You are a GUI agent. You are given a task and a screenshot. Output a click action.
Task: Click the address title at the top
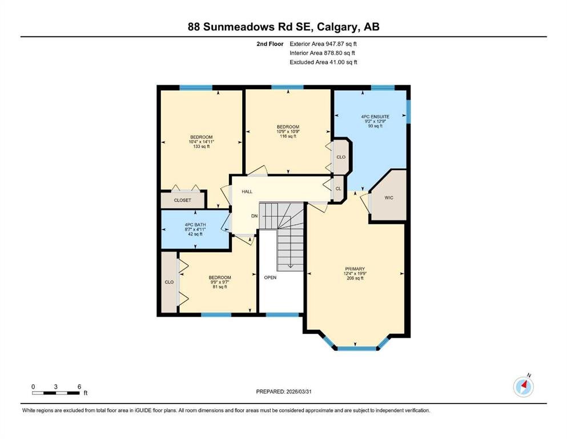click(283, 26)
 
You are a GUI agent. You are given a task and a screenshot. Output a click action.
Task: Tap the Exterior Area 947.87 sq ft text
click(323, 44)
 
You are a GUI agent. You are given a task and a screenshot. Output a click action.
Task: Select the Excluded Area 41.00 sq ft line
click(323, 62)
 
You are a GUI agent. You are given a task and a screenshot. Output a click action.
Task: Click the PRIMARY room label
click(355, 269)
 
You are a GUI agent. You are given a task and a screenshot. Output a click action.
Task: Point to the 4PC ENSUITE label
click(375, 117)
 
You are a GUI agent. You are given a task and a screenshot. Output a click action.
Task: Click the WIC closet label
click(389, 198)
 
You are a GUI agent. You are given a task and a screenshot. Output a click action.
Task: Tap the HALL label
click(247, 191)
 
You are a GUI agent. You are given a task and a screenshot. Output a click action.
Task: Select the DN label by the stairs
click(255, 215)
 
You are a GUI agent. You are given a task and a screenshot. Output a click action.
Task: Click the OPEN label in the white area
click(270, 278)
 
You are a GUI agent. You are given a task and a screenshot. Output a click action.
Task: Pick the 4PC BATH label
click(195, 225)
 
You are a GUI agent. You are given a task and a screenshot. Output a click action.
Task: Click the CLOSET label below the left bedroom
click(182, 200)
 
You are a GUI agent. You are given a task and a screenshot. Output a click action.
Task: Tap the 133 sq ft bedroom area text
click(202, 146)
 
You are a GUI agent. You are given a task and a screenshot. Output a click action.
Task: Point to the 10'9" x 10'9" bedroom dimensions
click(288, 131)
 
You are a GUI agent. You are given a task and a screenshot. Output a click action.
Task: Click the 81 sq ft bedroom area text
click(219, 286)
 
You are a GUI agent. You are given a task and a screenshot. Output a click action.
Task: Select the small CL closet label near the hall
click(338, 189)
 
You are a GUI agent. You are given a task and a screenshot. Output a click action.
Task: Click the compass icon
click(523, 387)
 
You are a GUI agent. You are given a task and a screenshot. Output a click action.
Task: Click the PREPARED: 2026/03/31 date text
click(283, 392)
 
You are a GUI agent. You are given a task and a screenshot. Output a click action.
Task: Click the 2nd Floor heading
click(270, 44)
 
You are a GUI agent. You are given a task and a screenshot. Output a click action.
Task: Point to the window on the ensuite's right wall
click(408, 111)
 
